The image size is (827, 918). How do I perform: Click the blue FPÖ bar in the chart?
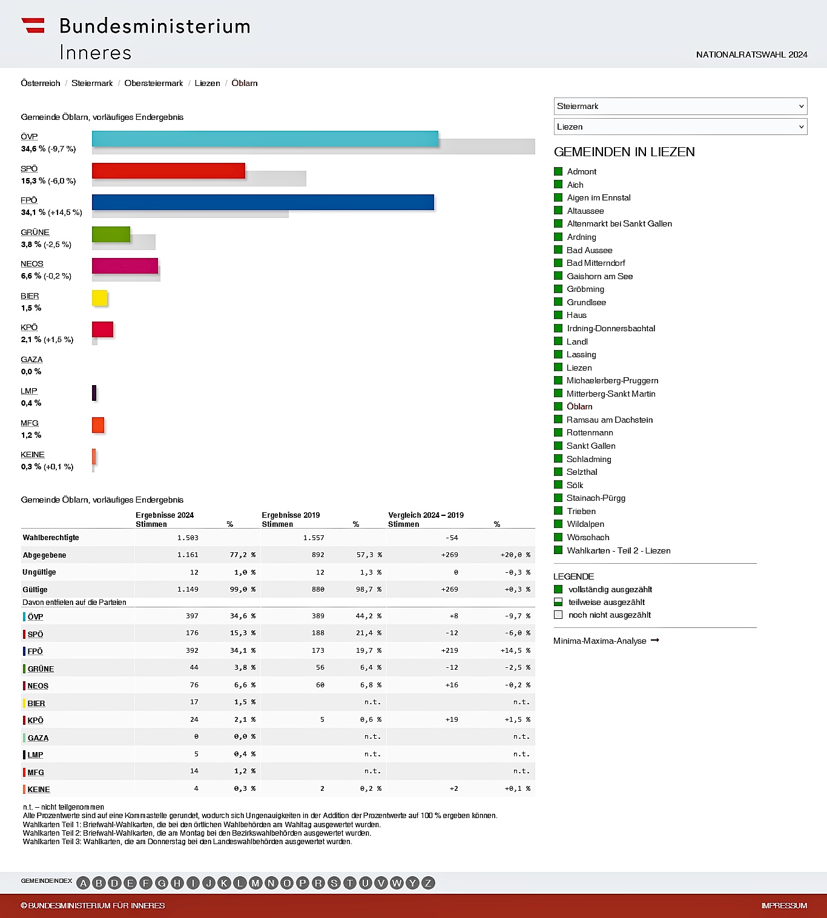(263, 202)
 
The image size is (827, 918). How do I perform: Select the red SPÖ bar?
(168, 171)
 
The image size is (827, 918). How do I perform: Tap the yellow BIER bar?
(100, 298)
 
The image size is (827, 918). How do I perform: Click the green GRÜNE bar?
(111, 234)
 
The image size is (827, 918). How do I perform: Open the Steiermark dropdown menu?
(680, 106)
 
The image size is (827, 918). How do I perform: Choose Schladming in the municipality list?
(589, 459)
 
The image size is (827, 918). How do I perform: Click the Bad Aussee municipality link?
(589, 250)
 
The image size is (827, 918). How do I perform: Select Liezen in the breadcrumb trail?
(207, 83)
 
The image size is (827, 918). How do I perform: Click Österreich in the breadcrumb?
(41, 83)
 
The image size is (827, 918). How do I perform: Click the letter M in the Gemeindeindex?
(255, 883)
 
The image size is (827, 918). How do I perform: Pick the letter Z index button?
(428, 883)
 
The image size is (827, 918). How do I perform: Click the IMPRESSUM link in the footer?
(784, 906)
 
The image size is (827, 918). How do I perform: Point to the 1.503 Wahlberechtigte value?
(188, 538)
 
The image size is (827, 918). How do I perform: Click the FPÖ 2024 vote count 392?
(192, 650)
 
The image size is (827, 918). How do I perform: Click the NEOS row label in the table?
(38, 686)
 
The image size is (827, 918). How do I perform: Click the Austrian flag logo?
(33, 25)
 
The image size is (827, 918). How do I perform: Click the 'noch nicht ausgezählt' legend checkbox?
(558, 615)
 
